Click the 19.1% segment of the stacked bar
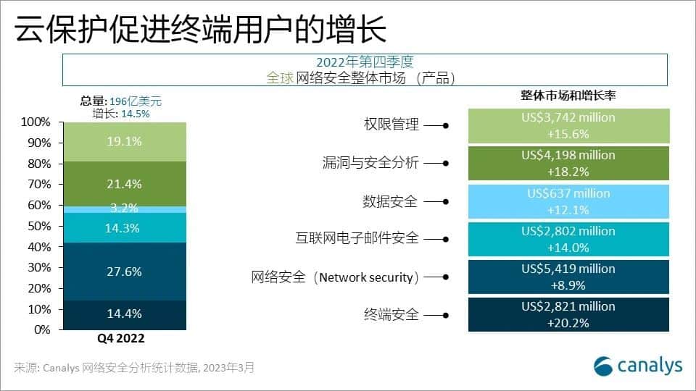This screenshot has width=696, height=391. [125, 142]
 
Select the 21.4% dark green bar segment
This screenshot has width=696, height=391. [125, 183]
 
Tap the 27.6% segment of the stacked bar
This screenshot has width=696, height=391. [125, 272]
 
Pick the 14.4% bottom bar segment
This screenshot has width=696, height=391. [125, 315]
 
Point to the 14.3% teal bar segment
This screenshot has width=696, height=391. [125, 228]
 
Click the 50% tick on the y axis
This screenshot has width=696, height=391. [39, 226]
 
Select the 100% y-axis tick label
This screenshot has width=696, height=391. [36, 122]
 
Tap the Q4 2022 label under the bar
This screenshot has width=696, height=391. [121, 338]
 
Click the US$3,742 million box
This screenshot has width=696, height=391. [568, 126]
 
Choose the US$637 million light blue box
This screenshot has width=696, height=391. [568, 202]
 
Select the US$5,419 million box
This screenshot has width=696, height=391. [568, 277]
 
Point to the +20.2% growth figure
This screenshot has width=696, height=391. [568, 323]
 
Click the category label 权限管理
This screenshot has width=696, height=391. [391, 124]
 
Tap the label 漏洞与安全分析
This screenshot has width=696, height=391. [370, 163]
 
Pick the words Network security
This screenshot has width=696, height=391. [366, 277]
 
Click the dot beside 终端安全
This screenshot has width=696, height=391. [446, 315]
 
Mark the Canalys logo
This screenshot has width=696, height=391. [638, 366]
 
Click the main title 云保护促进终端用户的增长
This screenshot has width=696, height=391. [201, 29]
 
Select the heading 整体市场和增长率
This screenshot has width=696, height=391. [568, 96]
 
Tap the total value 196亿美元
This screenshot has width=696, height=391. [136, 101]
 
